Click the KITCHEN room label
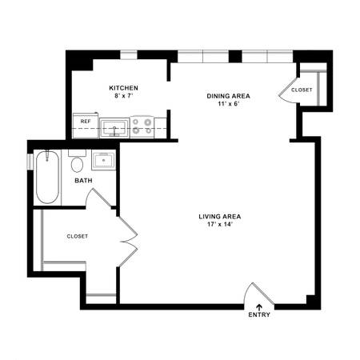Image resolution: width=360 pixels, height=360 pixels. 123,88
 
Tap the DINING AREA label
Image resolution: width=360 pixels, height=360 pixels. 228,96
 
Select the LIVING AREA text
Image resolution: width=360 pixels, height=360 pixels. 220,217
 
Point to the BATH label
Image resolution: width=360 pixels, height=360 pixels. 83,181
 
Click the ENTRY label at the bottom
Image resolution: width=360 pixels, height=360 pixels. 259,314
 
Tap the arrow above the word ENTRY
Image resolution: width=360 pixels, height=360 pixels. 259,306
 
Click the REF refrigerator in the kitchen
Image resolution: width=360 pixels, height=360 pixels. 86,126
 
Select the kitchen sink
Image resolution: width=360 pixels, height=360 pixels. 114,128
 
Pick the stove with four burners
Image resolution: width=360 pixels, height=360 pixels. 142,126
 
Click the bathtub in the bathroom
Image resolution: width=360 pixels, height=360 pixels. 47,177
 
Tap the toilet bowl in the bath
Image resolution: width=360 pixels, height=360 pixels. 77,165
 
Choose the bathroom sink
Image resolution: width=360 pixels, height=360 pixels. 103,160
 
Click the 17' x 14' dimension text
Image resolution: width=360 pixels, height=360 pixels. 220,224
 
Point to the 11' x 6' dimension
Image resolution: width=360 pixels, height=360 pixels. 228,104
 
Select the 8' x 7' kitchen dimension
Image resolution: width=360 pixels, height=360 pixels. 124,96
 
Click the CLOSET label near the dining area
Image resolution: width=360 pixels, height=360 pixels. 302,90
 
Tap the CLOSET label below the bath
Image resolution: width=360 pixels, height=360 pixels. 78,236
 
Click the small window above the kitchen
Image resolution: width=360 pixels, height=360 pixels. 129,54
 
